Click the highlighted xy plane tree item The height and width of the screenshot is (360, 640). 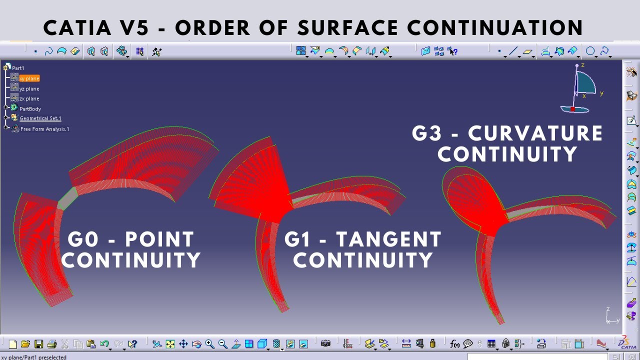tap(29, 78)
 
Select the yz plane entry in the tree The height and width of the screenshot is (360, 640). tap(29, 88)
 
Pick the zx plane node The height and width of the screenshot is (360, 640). tap(29, 98)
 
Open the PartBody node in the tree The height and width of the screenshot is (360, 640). tap(30, 108)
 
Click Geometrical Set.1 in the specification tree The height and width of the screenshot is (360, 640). tap(40, 118)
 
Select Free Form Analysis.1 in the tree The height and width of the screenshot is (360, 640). tap(44, 129)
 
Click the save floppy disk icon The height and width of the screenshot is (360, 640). tap(38, 344)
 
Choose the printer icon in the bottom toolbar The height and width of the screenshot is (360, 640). tap(51, 344)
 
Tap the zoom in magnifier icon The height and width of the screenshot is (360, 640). tap(209, 344)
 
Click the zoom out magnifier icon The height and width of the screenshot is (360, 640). tap(222, 344)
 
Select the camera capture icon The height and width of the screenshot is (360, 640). tap(325, 344)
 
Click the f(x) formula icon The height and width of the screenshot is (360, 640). tap(454, 344)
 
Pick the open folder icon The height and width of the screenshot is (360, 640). tap(25, 344)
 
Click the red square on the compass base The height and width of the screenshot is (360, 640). tap(572, 108)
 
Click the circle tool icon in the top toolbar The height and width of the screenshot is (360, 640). tap(590, 51)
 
